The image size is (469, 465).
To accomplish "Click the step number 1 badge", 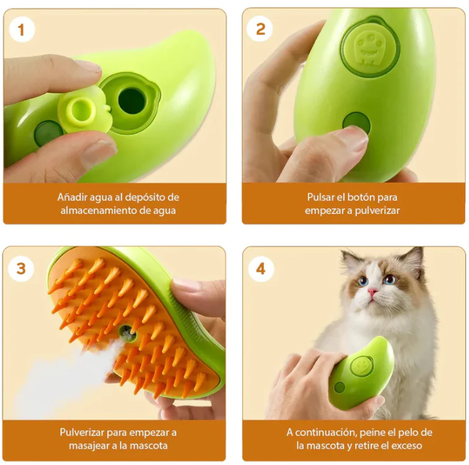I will click(22, 29).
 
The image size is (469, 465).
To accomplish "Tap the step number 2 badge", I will click(261, 29).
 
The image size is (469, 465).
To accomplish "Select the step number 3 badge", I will click(22, 269).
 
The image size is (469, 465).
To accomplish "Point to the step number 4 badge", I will click(261, 269).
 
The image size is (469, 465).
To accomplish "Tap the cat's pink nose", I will click(372, 291).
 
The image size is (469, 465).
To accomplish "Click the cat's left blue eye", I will click(362, 281).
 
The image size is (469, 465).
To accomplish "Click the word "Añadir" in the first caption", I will click(73, 197).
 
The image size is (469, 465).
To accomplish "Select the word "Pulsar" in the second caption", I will click(322, 197).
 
